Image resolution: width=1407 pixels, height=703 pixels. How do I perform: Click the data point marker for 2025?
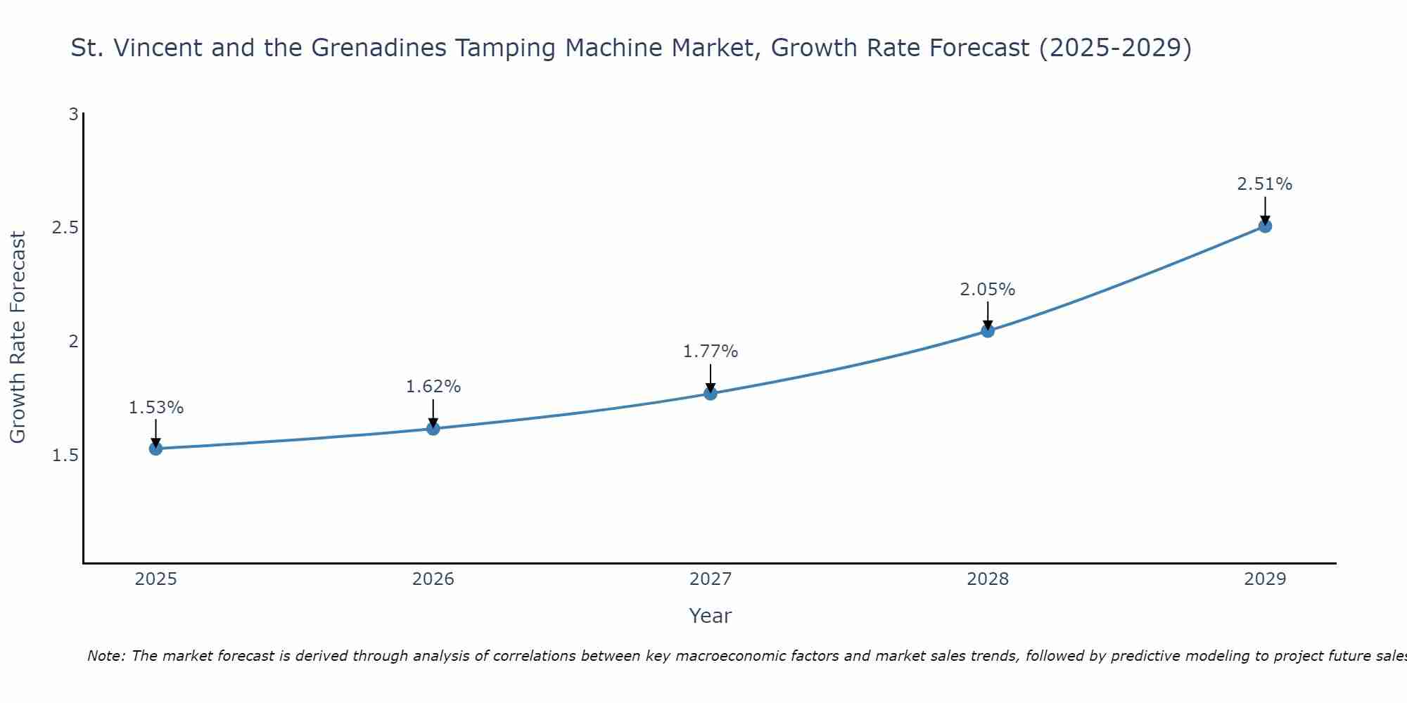(155, 449)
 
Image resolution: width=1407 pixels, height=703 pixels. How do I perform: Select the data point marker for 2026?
(433, 428)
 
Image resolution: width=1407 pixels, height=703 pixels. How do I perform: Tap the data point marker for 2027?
(711, 393)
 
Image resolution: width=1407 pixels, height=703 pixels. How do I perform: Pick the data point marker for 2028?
(988, 330)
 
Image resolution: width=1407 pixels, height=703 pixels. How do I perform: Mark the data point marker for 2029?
(1265, 226)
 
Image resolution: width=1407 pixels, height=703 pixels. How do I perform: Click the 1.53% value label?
(155, 408)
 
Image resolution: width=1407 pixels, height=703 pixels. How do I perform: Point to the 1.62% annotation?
(433, 387)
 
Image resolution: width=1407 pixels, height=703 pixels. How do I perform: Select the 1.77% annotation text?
(711, 351)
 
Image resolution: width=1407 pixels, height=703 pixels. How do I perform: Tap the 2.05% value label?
(988, 290)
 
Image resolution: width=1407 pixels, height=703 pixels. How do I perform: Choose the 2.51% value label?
(1265, 184)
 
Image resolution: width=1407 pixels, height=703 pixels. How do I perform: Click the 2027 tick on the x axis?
(711, 579)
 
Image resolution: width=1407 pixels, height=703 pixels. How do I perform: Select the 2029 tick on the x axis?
(1265, 579)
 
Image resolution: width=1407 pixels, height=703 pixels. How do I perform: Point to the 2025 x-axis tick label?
(155, 579)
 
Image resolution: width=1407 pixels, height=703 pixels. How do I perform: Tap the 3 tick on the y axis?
(73, 114)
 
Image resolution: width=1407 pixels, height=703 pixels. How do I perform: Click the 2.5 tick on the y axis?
(65, 228)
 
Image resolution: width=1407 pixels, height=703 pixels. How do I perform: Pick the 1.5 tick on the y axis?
(65, 456)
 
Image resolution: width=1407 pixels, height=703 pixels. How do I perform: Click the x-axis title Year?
(711, 616)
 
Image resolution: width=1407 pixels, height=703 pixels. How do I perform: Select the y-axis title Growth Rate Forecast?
(18, 337)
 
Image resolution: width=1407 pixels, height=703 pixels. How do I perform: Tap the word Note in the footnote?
(106, 656)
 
